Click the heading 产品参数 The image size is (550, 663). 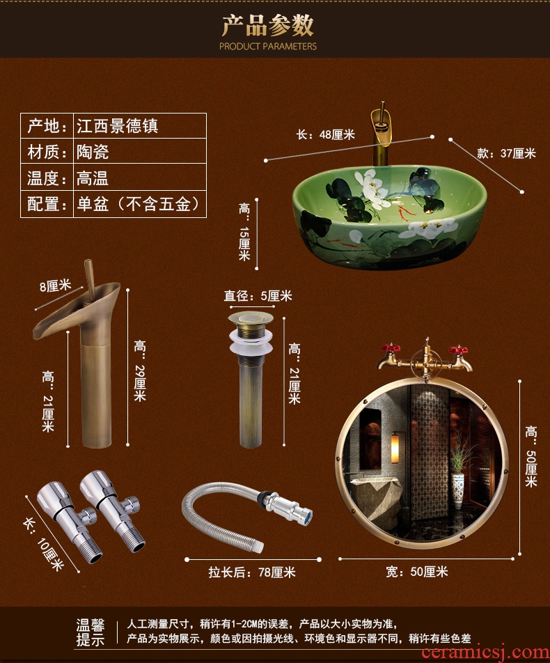[268, 25]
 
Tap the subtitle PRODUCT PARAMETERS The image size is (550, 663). [268, 47]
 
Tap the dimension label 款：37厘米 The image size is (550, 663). [506, 153]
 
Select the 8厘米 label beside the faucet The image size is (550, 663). [56, 285]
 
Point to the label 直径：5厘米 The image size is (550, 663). [258, 296]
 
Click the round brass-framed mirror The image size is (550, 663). [423, 463]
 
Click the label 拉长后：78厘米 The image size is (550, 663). [252, 572]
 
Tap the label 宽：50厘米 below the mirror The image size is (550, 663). [417, 572]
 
